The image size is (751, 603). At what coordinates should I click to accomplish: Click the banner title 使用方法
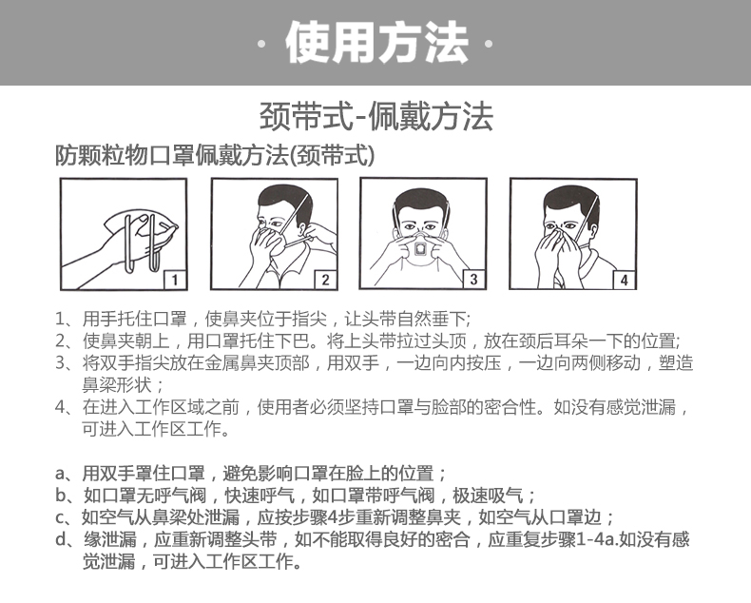pos(376,43)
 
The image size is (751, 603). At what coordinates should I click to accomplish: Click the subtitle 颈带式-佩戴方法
pos(376,116)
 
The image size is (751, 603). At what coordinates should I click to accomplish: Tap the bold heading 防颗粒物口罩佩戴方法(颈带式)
pos(215,155)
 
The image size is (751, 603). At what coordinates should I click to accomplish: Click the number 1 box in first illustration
pos(175,280)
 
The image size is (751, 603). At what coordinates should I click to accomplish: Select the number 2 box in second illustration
pos(325,280)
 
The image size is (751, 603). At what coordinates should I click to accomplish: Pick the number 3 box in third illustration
pos(474,279)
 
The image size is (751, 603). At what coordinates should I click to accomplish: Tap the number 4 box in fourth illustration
pos(624,280)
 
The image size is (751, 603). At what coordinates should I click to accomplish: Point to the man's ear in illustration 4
pos(593,231)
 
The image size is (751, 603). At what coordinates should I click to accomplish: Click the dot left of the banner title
pos(261,44)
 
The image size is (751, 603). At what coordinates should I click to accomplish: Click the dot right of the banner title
pos(489,44)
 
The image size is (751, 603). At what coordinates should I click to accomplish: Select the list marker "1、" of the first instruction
pos(67,319)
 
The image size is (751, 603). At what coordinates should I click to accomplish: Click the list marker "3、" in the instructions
pos(67,363)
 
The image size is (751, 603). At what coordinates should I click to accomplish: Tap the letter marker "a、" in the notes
pos(67,474)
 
